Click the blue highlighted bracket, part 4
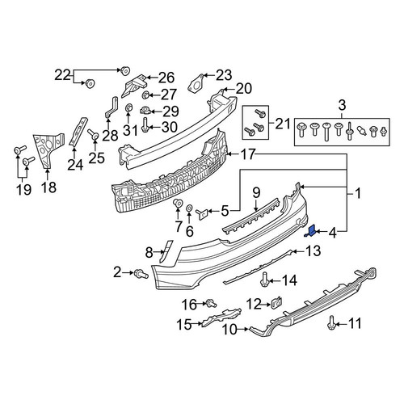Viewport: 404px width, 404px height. click(x=310, y=232)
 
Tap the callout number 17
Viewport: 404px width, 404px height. click(x=247, y=154)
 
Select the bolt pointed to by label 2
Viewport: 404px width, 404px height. click(x=141, y=274)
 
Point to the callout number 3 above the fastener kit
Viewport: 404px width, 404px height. click(x=342, y=105)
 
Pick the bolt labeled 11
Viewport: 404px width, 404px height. click(x=330, y=322)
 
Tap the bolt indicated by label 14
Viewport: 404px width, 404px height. click(x=263, y=280)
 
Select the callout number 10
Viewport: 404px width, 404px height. click(x=229, y=329)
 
